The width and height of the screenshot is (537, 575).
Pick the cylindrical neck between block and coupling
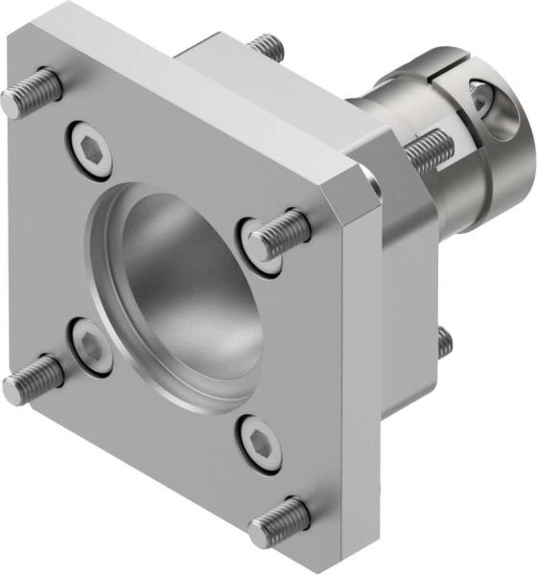[x=384, y=110]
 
